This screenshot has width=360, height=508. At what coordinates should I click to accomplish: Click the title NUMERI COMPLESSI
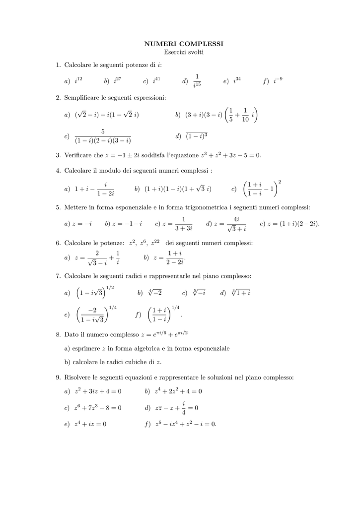click(x=184, y=44)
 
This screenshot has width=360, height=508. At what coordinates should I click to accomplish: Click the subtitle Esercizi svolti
click(x=184, y=52)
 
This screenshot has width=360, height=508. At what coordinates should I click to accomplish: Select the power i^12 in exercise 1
click(x=78, y=80)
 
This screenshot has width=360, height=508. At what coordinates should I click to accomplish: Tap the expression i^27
click(x=118, y=80)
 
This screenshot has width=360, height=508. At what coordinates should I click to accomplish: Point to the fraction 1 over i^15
click(x=197, y=80)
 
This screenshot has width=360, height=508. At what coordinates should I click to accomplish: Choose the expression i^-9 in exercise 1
click(x=278, y=80)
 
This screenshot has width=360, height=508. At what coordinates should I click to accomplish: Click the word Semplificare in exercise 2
click(x=82, y=98)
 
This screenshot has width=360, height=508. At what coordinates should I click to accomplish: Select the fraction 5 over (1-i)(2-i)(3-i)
click(x=103, y=136)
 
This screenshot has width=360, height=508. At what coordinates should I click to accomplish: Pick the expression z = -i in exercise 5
click(x=82, y=224)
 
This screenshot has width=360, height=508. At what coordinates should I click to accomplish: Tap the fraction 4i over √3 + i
click(x=236, y=224)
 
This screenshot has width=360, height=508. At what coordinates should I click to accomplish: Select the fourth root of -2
click(x=155, y=293)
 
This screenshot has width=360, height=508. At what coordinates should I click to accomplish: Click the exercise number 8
click(x=58, y=335)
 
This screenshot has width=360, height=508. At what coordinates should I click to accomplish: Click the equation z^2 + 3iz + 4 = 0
click(x=98, y=391)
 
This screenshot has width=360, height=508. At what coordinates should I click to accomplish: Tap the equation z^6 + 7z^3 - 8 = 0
click(x=98, y=408)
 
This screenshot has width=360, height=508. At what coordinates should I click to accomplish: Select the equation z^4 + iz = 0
click(x=90, y=424)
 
